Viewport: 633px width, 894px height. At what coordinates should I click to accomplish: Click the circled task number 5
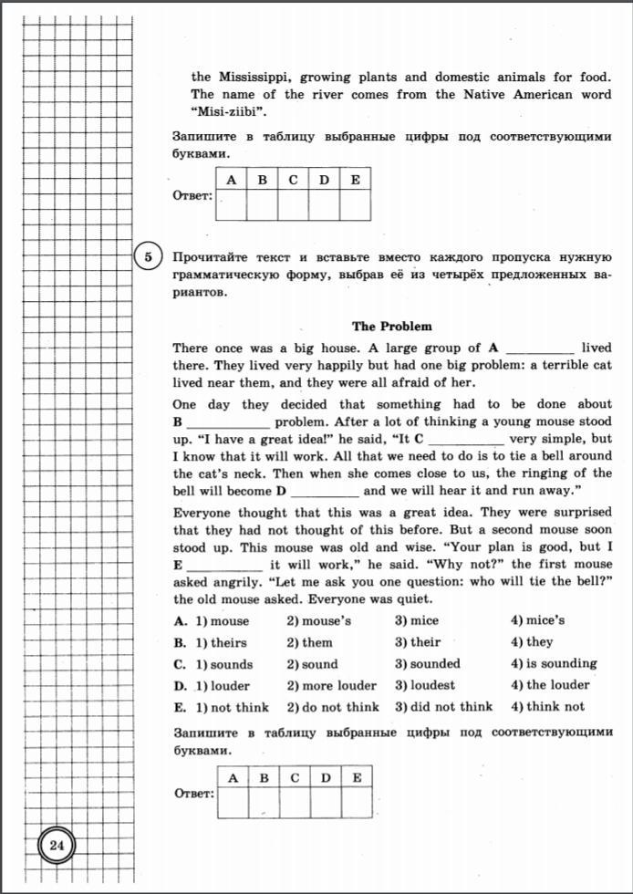pos(148,257)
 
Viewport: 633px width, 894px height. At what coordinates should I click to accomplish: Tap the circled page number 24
pos(57,846)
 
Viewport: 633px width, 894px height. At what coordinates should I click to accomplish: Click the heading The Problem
pos(392,326)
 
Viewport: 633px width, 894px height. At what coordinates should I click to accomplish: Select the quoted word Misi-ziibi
pos(223,112)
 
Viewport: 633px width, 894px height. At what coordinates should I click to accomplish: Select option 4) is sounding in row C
pos(554,663)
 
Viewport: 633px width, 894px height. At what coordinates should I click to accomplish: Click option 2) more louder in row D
pos(331,685)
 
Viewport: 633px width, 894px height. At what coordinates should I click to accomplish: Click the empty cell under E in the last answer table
pos(358,802)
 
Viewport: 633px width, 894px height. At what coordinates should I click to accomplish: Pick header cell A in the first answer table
pos(232,179)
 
